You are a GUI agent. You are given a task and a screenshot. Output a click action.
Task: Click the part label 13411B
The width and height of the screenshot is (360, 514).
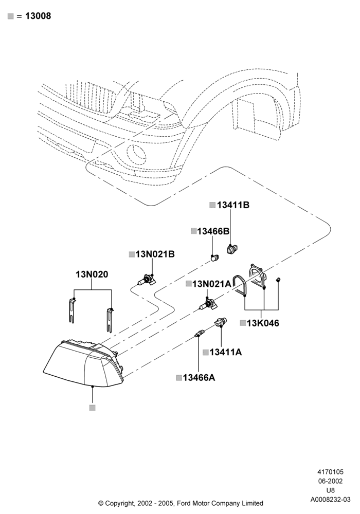click(x=233, y=205)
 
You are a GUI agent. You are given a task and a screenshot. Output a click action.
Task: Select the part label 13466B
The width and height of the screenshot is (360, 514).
click(x=213, y=231)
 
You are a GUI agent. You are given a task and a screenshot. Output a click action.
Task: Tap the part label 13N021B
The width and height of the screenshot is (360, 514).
click(x=155, y=254)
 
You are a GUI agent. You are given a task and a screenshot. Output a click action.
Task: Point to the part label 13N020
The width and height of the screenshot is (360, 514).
click(x=92, y=274)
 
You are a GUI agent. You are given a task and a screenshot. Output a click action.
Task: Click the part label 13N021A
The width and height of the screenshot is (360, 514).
click(x=211, y=284)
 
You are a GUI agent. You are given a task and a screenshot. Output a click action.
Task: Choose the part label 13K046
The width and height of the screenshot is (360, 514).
click(x=263, y=323)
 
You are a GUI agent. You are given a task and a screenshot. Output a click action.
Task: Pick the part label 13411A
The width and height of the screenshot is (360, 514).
click(x=226, y=352)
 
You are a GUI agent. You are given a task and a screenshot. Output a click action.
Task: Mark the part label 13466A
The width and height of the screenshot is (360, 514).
click(x=199, y=378)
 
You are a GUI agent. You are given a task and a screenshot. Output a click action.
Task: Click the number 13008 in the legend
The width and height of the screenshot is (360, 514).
click(x=38, y=16)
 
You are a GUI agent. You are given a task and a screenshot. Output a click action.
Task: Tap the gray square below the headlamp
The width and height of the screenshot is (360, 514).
click(x=92, y=408)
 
